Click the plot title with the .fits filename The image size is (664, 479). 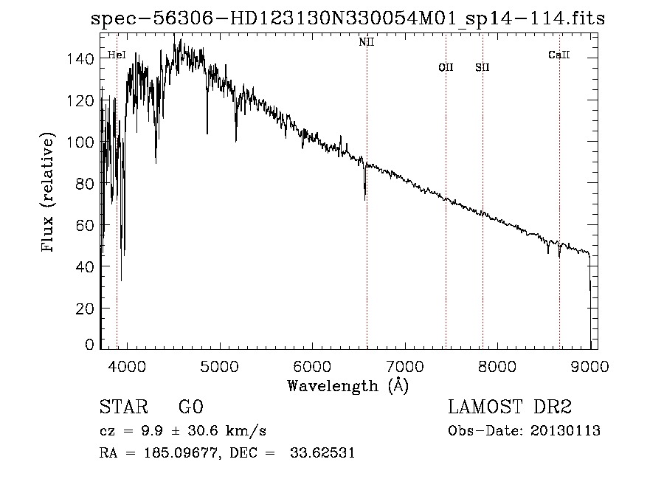[347, 19]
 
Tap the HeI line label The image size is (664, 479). [117, 55]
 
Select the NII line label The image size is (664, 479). [367, 42]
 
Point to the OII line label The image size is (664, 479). [446, 67]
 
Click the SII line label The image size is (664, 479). [483, 67]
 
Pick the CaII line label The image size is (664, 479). [559, 55]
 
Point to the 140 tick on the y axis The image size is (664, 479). [85, 58]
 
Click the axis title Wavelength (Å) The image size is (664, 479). [347, 385]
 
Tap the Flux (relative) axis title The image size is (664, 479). [49, 193]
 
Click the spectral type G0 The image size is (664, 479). [190, 407]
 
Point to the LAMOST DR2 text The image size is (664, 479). [510, 407]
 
